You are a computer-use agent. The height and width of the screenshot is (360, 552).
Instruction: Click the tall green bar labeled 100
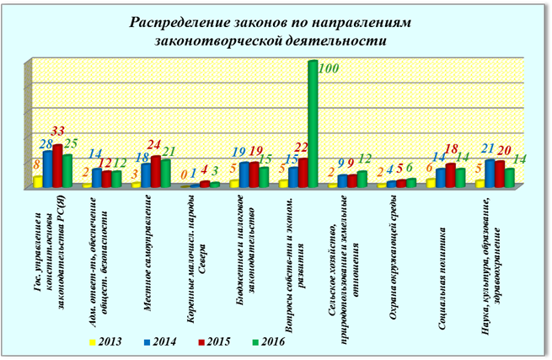click(x=312, y=123)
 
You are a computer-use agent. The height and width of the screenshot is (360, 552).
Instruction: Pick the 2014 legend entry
click(x=158, y=341)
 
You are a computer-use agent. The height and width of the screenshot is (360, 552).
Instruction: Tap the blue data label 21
click(x=487, y=149)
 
